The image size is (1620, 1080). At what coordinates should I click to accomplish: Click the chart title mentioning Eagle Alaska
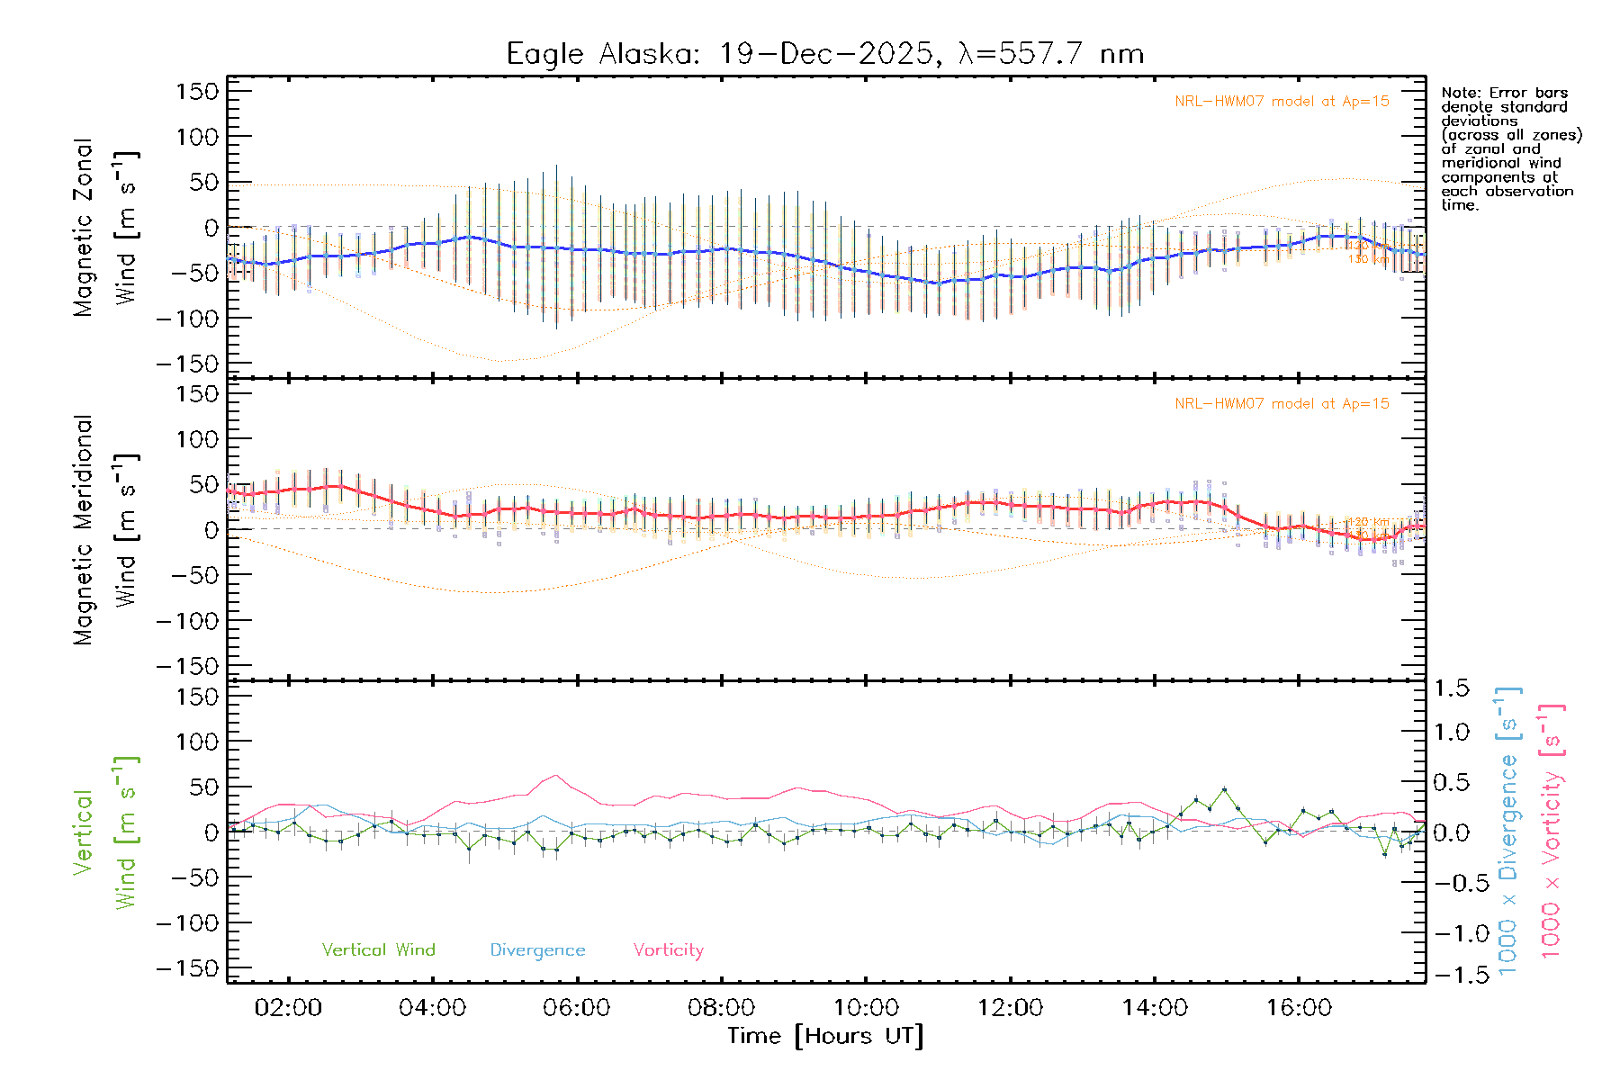(824, 54)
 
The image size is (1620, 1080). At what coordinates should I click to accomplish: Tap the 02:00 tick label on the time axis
(288, 1008)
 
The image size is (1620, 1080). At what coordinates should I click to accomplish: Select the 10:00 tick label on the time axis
(866, 1008)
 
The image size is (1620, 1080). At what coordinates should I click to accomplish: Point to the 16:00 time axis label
(1299, 1008)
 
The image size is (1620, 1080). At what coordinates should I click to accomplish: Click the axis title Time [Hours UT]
(825, 1036)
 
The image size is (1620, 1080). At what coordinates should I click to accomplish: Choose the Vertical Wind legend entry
(378, 950)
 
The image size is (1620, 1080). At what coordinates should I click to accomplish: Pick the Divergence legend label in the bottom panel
(537, 950)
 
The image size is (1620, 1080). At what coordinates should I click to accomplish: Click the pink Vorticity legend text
(668, 950)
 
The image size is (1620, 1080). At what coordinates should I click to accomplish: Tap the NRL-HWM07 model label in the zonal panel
(1282, 102)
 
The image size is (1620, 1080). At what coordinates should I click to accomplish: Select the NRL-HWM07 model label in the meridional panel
(1282, 404)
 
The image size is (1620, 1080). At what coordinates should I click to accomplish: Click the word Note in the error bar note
(1459, 93)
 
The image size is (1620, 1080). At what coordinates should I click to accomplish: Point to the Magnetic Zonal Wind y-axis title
(106, 228)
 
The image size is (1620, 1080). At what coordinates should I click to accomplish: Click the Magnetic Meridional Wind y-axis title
(106, 530)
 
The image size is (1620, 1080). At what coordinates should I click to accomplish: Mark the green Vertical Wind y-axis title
(106, 832)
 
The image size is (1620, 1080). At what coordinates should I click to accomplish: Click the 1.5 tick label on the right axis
(1452, 688)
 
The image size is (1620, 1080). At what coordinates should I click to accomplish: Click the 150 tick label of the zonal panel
(198, 92)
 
